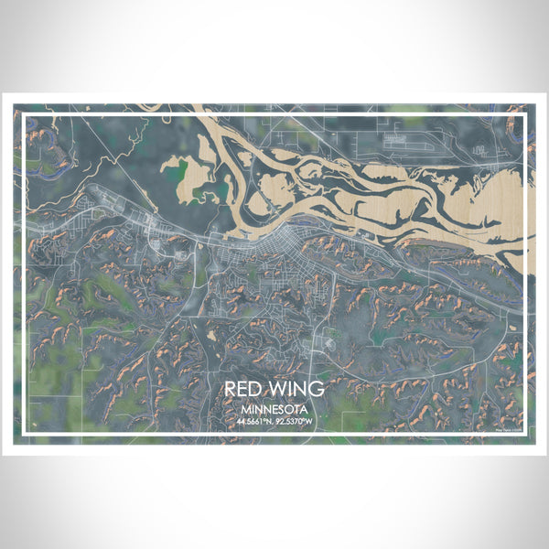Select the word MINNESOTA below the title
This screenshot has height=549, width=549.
(274, 409)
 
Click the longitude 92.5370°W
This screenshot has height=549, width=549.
(296, 422)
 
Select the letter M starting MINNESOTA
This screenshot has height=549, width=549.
(247, 409)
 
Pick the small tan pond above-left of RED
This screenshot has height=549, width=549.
(212, 335)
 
